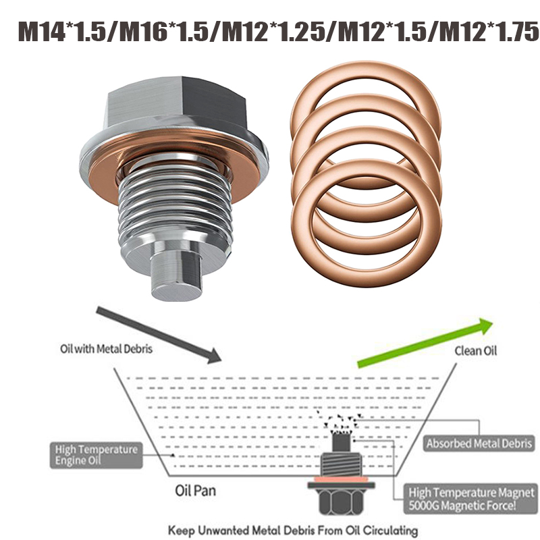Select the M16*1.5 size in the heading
point(164,32)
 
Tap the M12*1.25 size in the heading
point(273,32)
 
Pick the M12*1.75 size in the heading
point(489,32)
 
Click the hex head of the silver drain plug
point(176,103)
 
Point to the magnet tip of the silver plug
point(176,275)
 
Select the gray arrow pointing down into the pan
point(159,335)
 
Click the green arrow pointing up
point(425,344)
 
